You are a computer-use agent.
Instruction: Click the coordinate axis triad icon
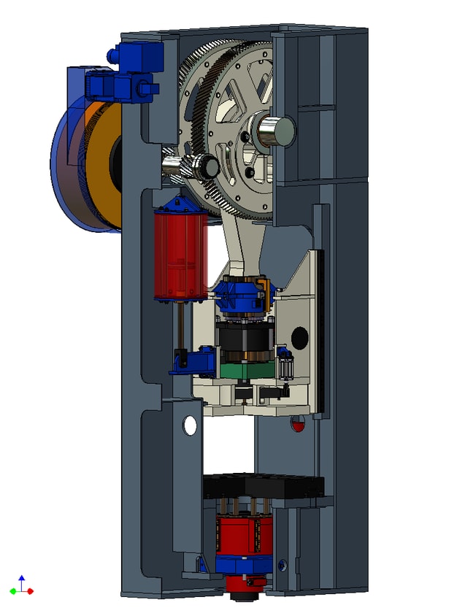(21, 586)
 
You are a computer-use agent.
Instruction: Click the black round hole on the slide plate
(299, 337)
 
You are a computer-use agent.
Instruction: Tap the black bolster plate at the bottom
(263, 486)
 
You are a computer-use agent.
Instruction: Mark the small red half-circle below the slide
(297, 424)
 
